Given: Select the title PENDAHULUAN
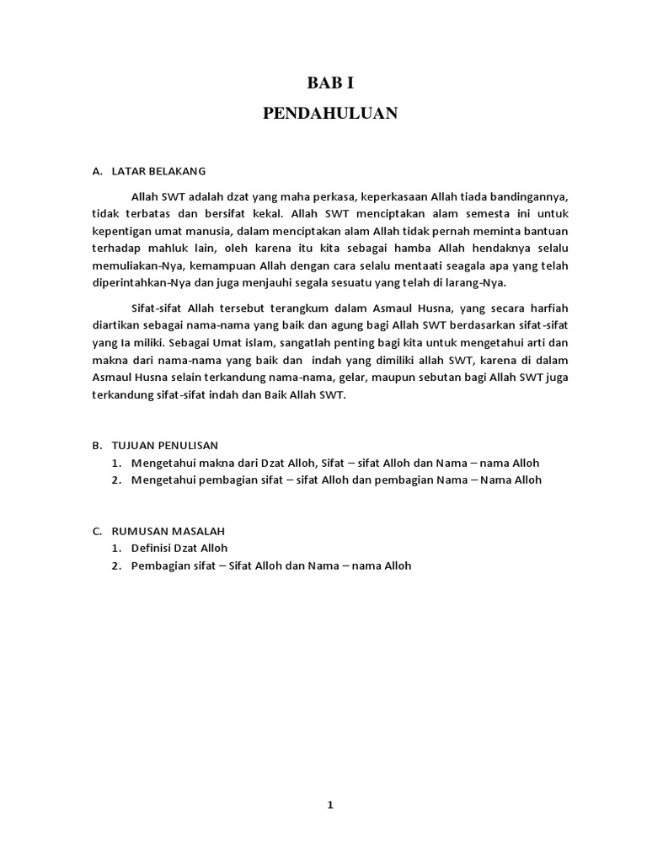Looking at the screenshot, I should click(329, 114).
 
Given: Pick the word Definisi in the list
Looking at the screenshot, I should click(152, 548).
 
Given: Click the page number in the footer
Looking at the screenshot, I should click(330, 805).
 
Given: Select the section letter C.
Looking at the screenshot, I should click(97, 531).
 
